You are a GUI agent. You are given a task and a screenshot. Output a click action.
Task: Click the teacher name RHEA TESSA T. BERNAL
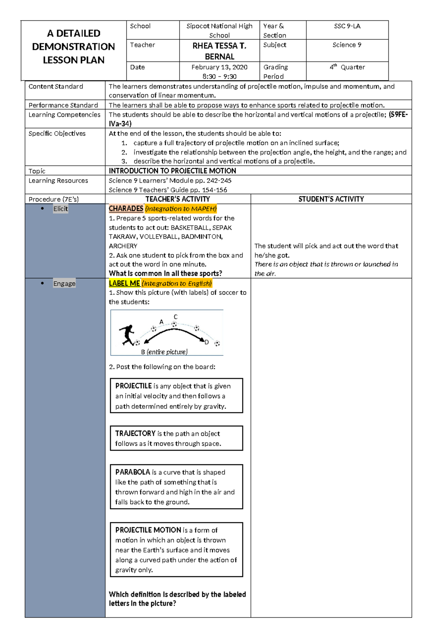pyautogui.click(x=219, y=51)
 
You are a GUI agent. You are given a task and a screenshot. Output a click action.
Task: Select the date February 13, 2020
pyautogui.click(x=219, y=67)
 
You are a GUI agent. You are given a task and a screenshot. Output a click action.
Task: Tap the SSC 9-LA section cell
pyautogui.click(x=347, y=26)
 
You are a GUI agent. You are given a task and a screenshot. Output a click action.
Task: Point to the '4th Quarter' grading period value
pyautogui.click(x=347, y=67)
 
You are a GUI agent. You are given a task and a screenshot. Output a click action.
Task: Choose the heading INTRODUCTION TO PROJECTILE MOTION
pyautogui.click(x=172, y=171)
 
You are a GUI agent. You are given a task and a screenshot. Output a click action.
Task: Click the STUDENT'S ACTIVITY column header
pyautogui.click(x=331, y=199)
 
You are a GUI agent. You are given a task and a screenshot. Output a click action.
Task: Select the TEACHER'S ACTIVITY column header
pyautogui.click(x=178, y=199)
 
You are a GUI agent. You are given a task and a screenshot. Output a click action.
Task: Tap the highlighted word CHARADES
pyautogui.click(x=126, y=208)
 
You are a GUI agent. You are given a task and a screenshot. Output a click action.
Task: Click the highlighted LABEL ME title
pyautogui.click(x=124, y=283)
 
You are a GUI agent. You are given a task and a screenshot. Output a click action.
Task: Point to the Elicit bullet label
pyautogui.click(x=60, y=209)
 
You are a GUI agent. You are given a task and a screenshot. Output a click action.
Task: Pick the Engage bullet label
pyautogui.click(x=64, y=284)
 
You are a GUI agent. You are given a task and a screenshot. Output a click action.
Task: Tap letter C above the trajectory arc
pyautogui.click(x=175, y=317)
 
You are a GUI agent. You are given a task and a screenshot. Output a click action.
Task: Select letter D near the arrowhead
pyautogui.click(x=207, y=342)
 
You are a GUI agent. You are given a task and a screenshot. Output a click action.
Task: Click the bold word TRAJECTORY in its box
pyautogui.click(x=135, y=433)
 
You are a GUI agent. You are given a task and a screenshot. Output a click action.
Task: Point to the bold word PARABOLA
pyautogui.click(x=133, y=472)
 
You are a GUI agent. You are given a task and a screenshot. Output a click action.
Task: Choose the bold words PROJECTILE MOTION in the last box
pyautogui.click(x=148, y=530)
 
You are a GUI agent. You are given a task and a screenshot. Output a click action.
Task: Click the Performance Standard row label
pyautogui.click(x=63, y=105)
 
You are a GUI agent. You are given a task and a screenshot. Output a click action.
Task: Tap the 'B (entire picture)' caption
pyautogui.click(x=164, y=352)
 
